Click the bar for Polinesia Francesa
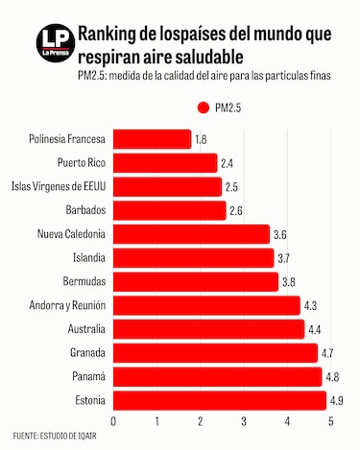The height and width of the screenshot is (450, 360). (x=152, y=139)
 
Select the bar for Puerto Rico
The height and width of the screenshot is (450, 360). (x=165, y=163)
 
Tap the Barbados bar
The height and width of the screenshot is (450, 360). (x=169, y=210)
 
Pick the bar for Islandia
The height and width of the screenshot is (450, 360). (x=193, y=257)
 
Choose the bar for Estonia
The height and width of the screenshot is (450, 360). (x=220, y=399)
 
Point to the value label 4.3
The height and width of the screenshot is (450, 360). (x=310, y=305)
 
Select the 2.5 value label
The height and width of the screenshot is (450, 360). (x=231, y=186)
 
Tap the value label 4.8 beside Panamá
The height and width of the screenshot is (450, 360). (x=331, y=376)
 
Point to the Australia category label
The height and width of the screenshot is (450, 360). (x=84, y=328)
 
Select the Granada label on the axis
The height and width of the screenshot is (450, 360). (x=86, y=352)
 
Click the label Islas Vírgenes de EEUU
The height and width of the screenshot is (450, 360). (x=58, y=186)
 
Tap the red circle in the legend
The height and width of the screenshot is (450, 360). (x=203, y=108)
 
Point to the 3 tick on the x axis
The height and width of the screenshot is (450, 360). (x=244, y=420)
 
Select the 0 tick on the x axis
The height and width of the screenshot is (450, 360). (x=114, y=420)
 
